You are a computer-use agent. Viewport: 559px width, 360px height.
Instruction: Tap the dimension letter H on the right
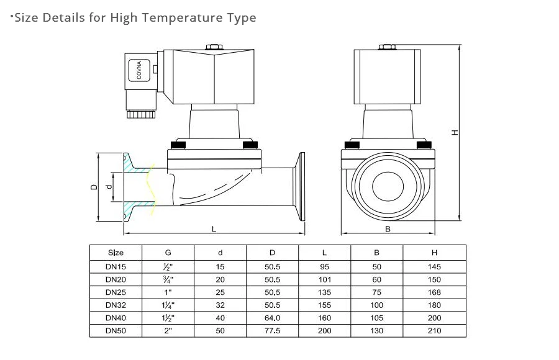point(455,132)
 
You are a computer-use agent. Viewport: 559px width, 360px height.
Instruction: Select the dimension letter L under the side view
point(214,228)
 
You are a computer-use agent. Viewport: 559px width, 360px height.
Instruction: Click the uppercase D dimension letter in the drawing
point(93,186)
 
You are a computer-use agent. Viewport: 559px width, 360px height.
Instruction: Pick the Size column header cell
point(116,253)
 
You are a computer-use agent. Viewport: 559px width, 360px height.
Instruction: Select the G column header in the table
point(168,253)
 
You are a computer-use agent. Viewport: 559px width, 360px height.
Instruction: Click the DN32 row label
point(116,305)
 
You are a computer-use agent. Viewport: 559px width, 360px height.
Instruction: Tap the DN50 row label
point(116,331)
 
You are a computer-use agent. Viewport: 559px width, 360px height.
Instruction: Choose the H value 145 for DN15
point(434,266)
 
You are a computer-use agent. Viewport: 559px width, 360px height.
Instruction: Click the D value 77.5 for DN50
point(273,331)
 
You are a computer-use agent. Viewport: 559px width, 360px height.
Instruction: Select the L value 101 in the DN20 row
point(325,279)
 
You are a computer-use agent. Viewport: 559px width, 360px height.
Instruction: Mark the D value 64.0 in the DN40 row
point(273,318)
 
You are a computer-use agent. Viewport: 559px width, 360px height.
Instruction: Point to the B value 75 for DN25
point(377,292)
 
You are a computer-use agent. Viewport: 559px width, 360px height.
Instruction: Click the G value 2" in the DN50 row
point(168,331)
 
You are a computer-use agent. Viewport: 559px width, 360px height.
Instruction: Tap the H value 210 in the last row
point(434,331)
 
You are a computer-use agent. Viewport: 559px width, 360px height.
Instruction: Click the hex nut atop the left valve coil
point(214,47)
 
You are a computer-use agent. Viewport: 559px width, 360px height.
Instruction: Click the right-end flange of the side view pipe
point(302,186)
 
